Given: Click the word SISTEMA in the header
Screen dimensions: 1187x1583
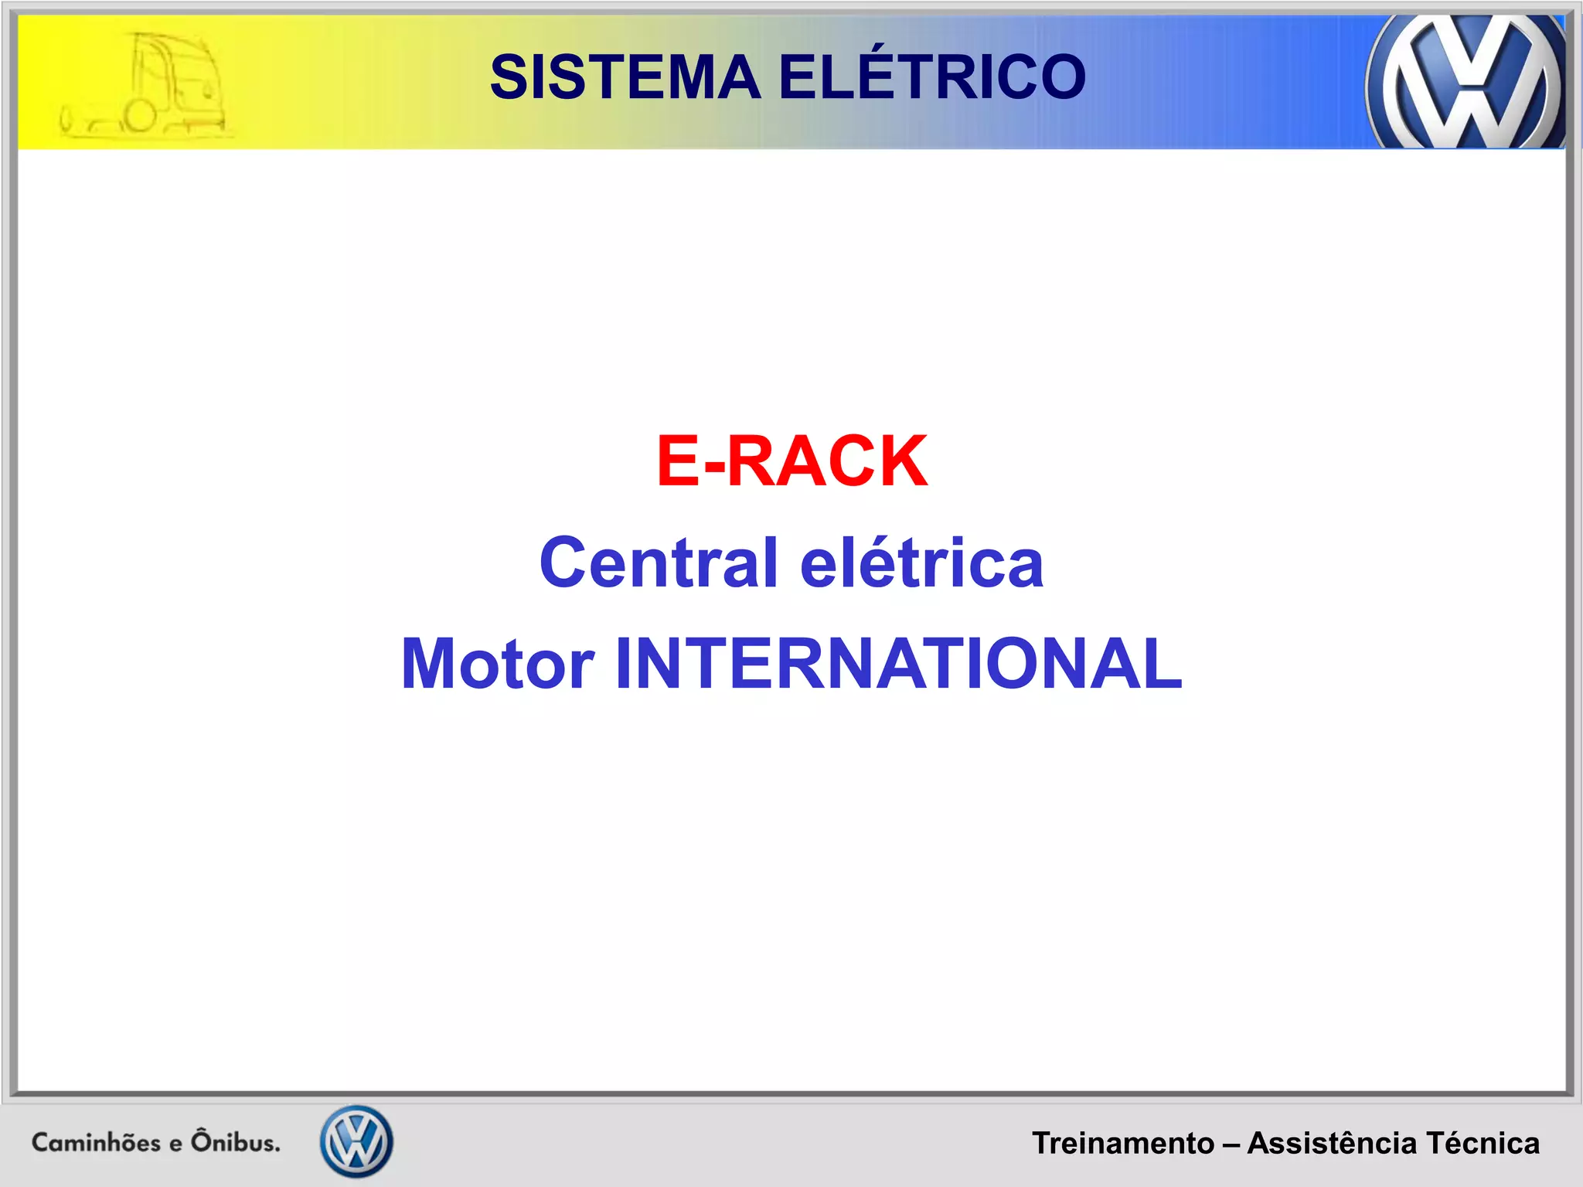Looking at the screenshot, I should coord(625,77).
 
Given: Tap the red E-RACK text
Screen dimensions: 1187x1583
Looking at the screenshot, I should coord(791,461).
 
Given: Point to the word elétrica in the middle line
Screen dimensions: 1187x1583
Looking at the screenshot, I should coord(922,562).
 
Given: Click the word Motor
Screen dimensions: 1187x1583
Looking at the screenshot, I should coord(498,664).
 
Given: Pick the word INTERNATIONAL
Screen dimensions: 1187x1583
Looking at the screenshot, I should coord(898,664).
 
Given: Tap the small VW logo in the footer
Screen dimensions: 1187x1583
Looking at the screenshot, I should coord(356,1141).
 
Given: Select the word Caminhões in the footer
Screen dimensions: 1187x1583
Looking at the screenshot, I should coord(96,1142).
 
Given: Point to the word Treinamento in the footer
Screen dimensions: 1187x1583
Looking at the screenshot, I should coord(1123,1143).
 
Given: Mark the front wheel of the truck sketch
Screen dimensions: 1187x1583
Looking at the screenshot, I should coord(140,117).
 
